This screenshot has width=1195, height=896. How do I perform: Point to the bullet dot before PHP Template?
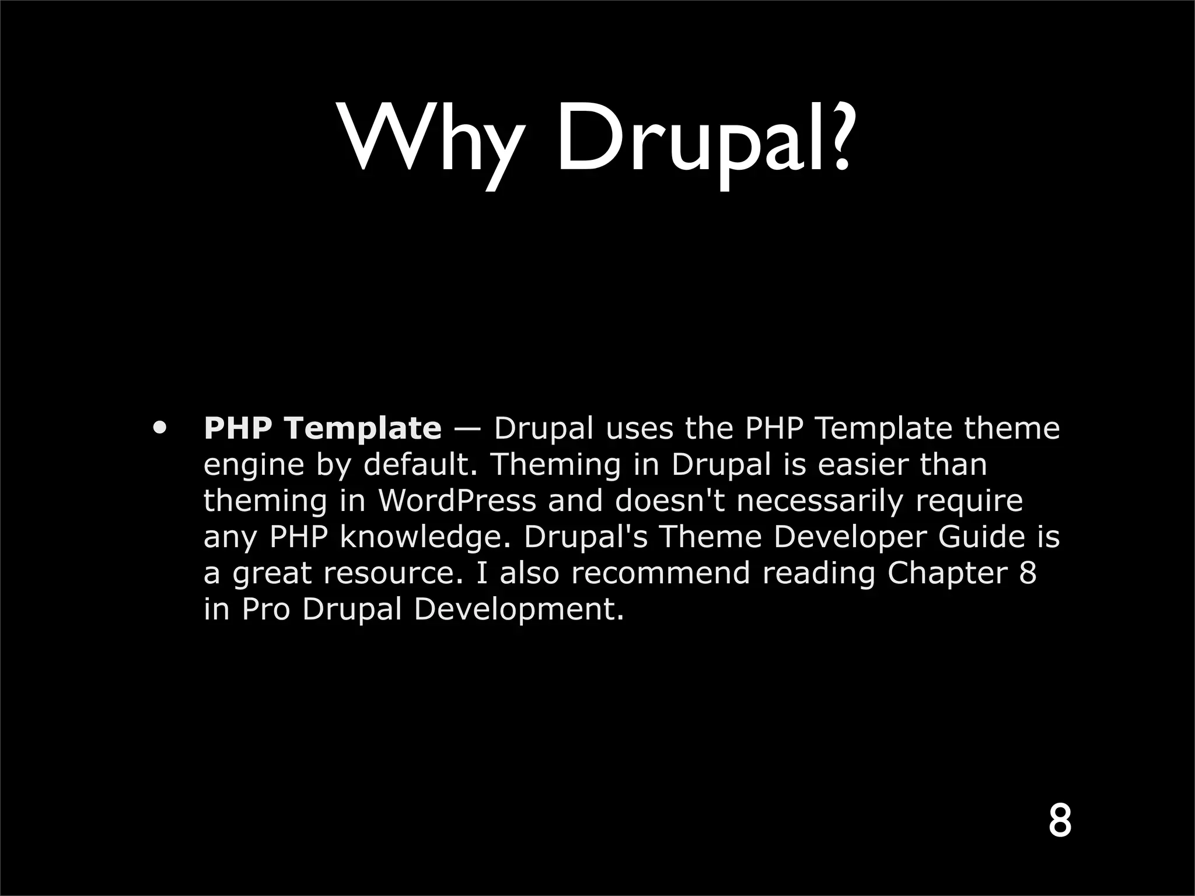click(x=159, y=428)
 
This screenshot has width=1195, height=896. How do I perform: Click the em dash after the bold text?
click(x=467, y=429)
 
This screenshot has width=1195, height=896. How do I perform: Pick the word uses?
click(x=641, y=428)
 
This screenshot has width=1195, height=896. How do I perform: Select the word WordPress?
click(x=457, y=501)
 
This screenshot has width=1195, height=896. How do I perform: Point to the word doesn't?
click(x=666, y=501)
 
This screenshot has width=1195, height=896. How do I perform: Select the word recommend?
click(x=661, y=573)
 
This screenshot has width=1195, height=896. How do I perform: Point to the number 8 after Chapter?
click(x=1028, y=573)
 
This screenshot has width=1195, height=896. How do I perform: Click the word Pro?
click(x=266, y=610)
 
